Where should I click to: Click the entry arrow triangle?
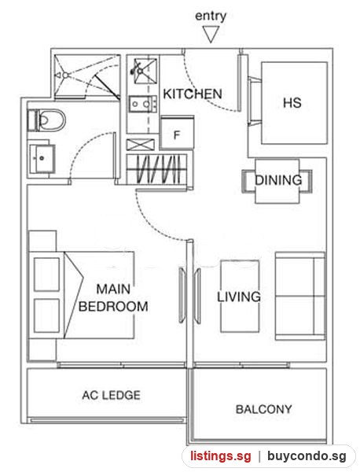(x=211, y=34)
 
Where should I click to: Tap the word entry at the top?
(x=211, y=16)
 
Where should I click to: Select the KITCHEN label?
(x=193, y=94)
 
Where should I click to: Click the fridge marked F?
(x=177, y=133)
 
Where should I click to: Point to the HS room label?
(x=292, y=102)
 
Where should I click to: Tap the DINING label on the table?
(x=278, y=180)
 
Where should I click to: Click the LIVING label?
(x=239, y=297)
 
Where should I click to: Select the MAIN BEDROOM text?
(x=113, y=297)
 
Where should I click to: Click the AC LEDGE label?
(x=112, y=395)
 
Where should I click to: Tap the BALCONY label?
(x=264, y=409)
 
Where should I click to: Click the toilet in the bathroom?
(x=46, y=120)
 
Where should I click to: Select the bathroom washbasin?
(x=42, y=158)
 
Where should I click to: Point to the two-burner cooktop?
(x=143, y=104)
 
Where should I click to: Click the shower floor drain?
(x=66, y=76)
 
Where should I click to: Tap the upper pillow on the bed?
(x=46, y=275)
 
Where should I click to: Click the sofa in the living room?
(x=300, y=297)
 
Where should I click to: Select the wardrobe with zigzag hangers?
(x=156, y=169)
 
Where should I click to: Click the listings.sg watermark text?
(x=220, y=456)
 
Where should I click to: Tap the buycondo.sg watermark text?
(x=307, y=456)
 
